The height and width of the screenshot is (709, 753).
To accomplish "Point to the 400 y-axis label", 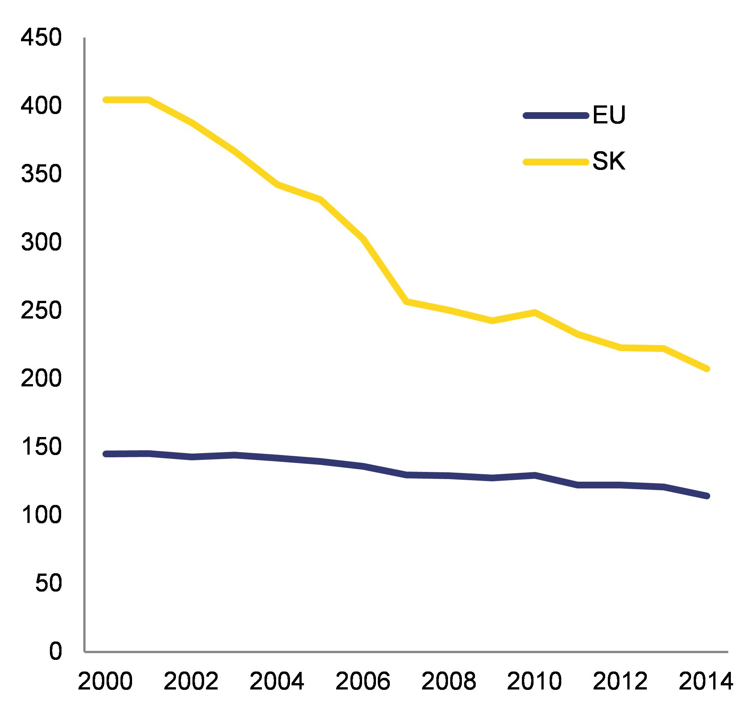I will (41, 107).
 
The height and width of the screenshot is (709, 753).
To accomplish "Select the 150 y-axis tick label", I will (41, 447).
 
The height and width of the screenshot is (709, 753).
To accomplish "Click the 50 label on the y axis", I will (48, 583).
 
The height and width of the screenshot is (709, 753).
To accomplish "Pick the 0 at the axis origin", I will (55, 652).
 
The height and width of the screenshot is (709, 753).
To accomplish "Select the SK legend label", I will (609, 162).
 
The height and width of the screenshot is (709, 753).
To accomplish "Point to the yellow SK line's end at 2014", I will (706, 368).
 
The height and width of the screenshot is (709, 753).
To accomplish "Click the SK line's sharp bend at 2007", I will (406, 302).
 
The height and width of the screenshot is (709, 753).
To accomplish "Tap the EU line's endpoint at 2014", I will (706, 496).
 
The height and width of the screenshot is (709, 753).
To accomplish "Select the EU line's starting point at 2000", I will (106, 454).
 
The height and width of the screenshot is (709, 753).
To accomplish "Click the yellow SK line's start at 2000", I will (106, 100).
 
